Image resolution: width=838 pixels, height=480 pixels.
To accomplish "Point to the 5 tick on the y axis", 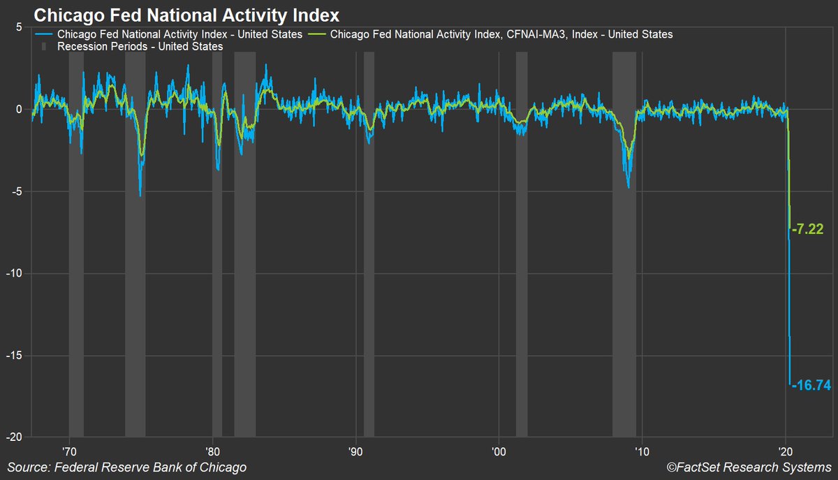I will point(19,27).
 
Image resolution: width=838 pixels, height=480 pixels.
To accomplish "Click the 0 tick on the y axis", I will point(19,109).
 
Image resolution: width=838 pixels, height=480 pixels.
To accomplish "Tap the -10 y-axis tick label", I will point(15,273).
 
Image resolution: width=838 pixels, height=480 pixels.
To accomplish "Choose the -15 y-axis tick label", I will point(15,355).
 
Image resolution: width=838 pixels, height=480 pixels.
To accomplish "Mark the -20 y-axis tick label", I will point(15,437).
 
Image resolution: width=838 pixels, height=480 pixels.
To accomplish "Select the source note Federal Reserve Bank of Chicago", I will point(127,467).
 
